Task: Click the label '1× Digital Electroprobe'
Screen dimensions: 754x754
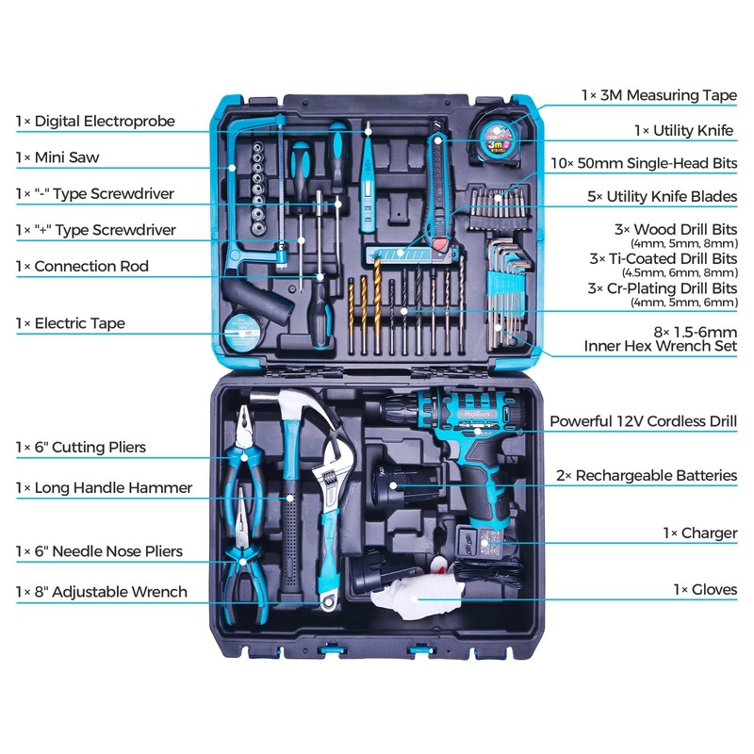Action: (95, 122)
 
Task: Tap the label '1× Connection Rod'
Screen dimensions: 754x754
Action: (82, 267)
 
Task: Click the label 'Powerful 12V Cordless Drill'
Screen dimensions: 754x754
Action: (644, 422)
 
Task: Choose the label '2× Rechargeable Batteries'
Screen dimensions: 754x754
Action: (647, 476)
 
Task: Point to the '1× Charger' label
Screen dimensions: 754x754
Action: (700, 533)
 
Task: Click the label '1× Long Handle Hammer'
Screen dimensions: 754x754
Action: (104, 488)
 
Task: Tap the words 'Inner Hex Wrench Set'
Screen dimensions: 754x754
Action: (661, 347)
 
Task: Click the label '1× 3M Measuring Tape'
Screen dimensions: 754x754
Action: (659, 95)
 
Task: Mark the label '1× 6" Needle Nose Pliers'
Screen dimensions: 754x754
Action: (99, 551)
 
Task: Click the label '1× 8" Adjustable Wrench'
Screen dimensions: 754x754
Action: (101, 592)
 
